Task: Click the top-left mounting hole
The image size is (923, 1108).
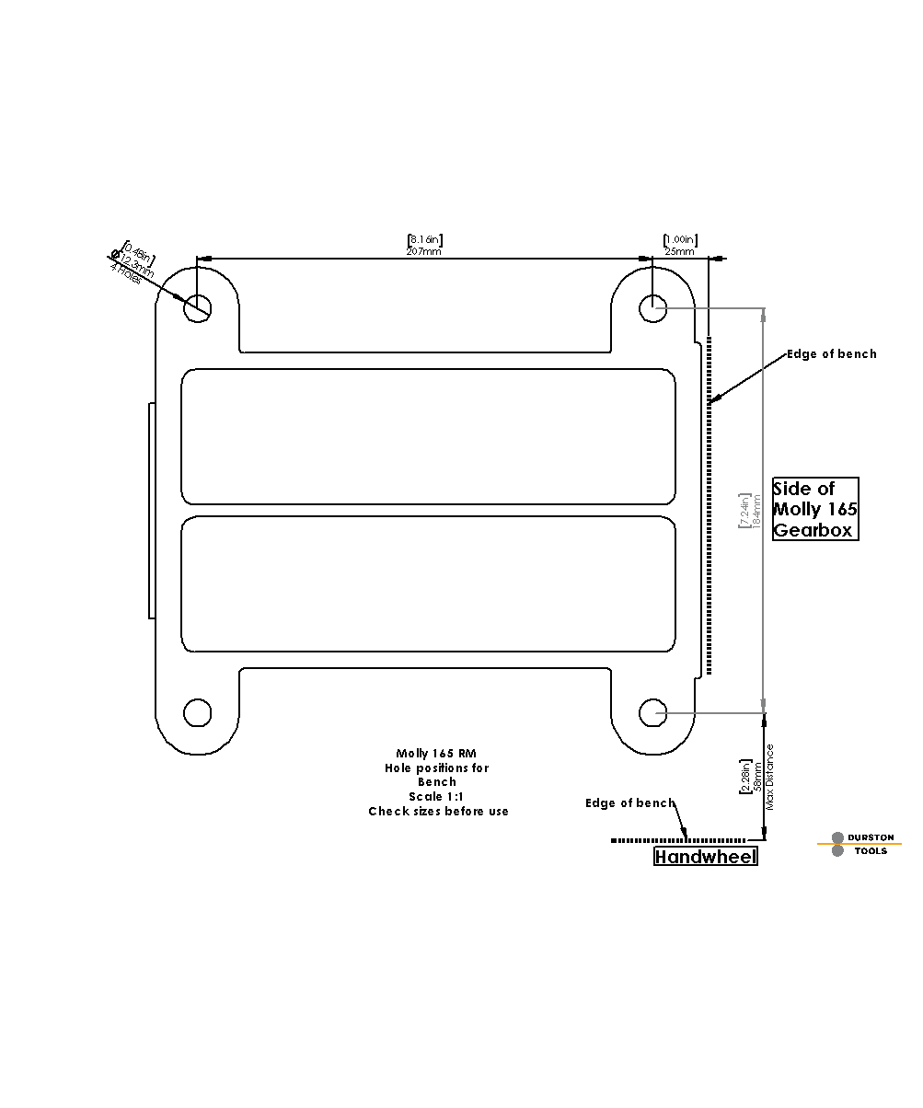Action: click(198, 307)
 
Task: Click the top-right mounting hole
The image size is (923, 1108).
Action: click(653, 307)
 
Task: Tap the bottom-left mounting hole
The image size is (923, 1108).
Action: click(198, 712)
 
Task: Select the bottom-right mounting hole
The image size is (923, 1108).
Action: click(653, 712)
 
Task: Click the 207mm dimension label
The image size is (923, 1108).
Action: click(424, 251)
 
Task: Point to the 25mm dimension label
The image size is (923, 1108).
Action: click(680, 251)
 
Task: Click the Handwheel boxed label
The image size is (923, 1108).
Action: click(706, 857)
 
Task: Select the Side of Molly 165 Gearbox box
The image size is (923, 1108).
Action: click(815, 509)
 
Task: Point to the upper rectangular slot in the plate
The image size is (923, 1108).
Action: click(428, 436)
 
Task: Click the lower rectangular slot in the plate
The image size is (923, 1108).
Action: click(428, 583)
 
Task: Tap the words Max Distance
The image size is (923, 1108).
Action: click(770, 776)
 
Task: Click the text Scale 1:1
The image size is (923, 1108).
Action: click(436, 796)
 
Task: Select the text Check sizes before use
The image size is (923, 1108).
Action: click(438, 811)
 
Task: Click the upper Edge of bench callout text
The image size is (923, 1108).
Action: click(831, 354)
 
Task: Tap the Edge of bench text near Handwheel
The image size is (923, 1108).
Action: click(629, 803)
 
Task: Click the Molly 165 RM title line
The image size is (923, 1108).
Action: click(436, 753)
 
